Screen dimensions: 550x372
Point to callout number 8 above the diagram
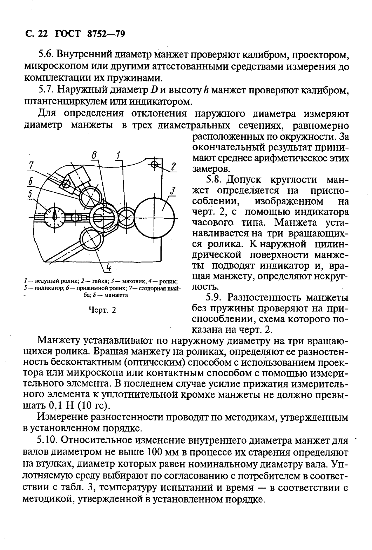(x=94, y=155)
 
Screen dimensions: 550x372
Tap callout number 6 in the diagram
(x=31, y=181)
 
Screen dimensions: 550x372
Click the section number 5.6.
(x=46, y=55)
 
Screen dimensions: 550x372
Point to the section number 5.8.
(x=214, y=180)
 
